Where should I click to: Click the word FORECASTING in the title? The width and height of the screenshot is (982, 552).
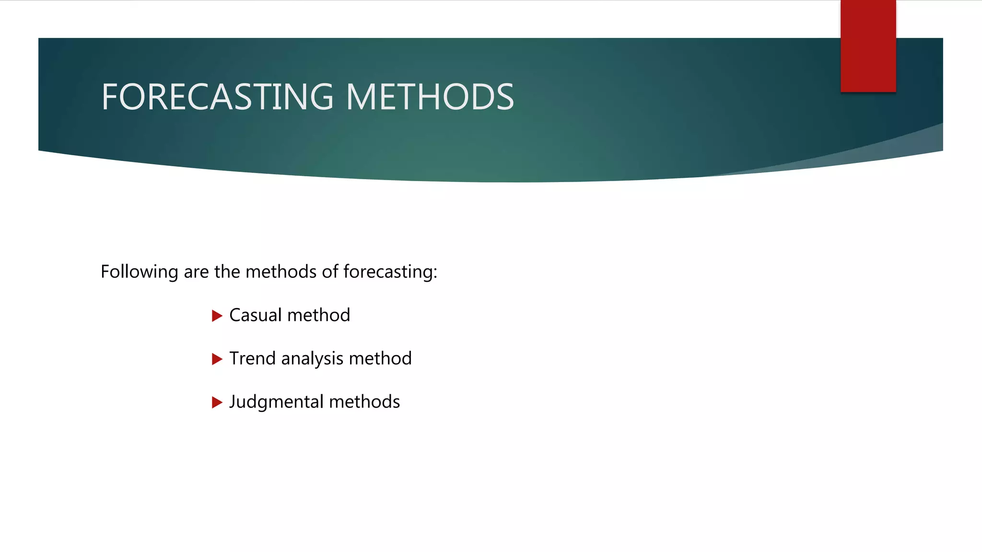click(217, 97)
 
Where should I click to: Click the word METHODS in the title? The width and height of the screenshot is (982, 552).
click(430, 97)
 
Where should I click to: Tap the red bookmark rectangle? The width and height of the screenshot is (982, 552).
click(868, 46)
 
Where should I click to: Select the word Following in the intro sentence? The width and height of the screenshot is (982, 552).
click(140, 272)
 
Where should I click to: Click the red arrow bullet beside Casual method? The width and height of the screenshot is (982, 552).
click(217, 316)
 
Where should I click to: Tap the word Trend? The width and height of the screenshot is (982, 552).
click(253, 358)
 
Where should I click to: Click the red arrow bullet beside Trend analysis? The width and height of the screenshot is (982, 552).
click(217, 359)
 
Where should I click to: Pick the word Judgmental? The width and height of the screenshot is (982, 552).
click(277, 402)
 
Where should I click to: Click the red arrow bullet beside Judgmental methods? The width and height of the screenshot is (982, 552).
click(217, 402)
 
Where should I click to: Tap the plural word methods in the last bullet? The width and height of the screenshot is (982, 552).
click(364, 402)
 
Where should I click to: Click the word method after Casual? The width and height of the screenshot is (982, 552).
click(319, 315)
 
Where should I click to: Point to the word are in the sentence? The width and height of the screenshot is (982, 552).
click(196, 272)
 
